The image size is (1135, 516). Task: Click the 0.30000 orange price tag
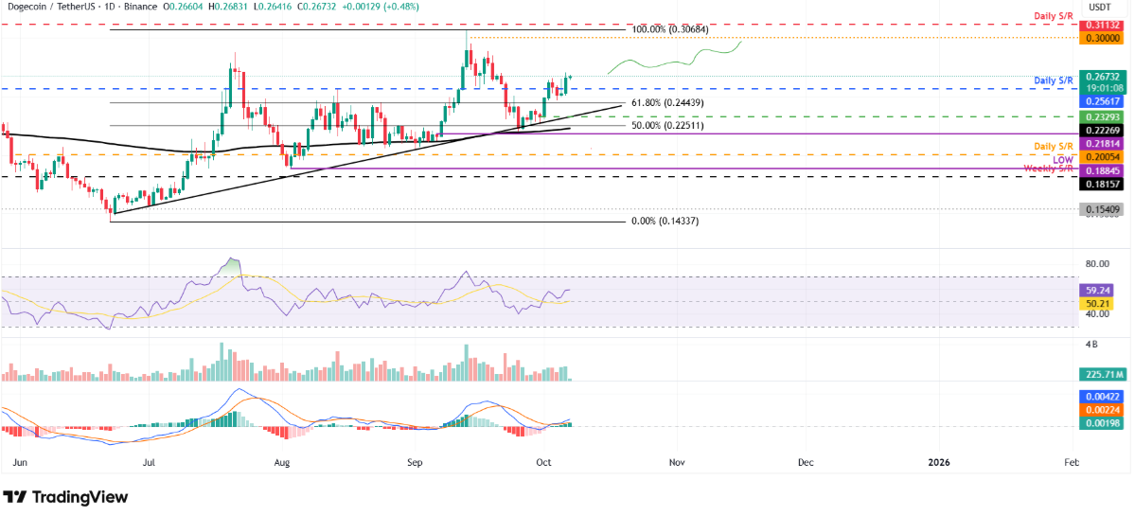1101,38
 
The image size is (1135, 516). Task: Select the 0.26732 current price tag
1101,77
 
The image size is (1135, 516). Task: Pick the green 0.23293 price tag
1101,116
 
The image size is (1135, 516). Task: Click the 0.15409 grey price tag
1101,208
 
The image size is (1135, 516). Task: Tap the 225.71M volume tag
1101,374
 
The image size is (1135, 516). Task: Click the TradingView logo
66,497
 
